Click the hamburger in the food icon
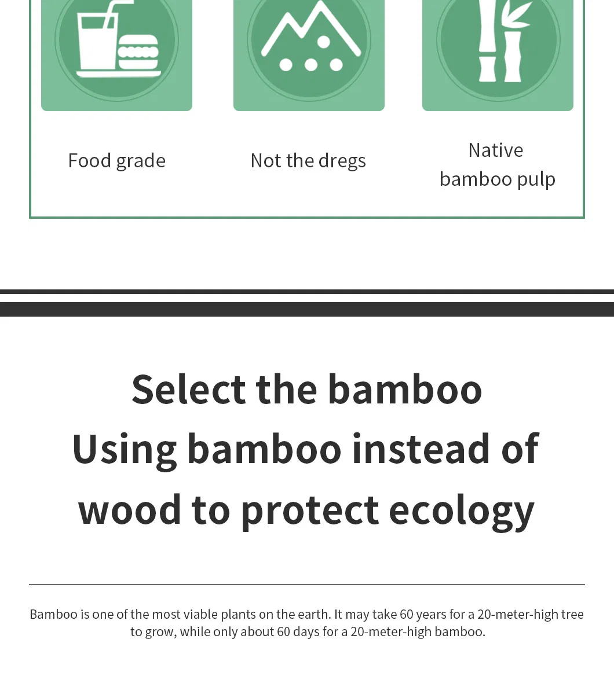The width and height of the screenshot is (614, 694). (x=138, y=52)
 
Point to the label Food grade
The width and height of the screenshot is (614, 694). (x=116, y=161)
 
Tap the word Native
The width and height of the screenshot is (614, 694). (x=496, y=150)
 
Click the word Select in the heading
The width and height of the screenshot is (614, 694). (x=189, y=390)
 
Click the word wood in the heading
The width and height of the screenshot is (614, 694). (x=129, y=510)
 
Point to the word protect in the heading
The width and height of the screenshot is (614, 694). (x=310, y=512)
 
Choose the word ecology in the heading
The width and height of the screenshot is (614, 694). (x=462, y=512)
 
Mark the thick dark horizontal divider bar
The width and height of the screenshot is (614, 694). (x=307, y=310)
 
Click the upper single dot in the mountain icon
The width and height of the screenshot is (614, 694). (x=323, y=42)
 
